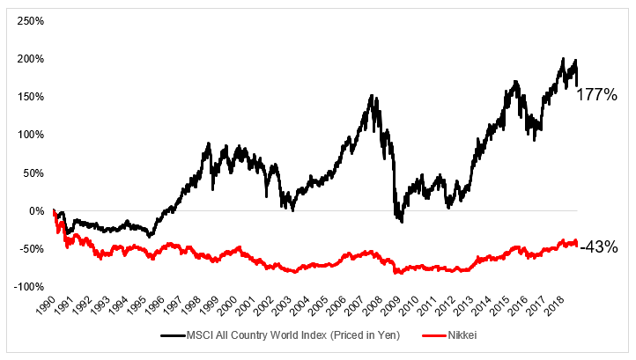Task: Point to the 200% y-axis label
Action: [x=30, y=58]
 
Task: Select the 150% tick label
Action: [x=30, y=96]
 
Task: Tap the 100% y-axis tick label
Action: [x=30, y=135]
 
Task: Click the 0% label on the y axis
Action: [x=35, y=211]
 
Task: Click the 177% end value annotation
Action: [x=596, y=94]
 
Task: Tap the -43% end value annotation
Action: [x=598, y=247]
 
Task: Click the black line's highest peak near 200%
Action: [x=563, y=59]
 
